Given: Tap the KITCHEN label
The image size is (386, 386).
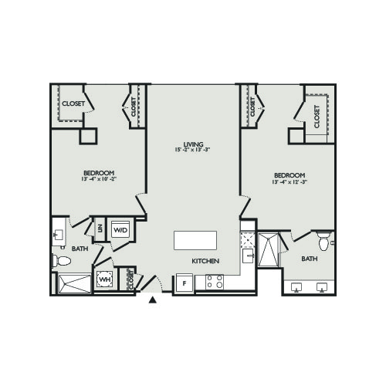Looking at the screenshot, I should pos(206,262).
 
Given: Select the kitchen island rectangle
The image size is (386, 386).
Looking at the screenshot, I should pos(195,240).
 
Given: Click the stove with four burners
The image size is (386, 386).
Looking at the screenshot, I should pos(215,283).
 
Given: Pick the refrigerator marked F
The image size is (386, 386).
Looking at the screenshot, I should pos(184,283).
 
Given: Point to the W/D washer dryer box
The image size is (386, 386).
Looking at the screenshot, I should pos(121,230).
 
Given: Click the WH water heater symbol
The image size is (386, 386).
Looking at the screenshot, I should pos(104,279).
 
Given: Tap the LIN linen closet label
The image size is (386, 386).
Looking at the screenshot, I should pos(100,229).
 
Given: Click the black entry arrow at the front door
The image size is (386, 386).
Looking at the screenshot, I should pos(153,300).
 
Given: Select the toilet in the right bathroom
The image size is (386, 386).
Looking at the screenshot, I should pos(323,242).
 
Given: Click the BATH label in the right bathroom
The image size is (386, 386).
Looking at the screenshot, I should pos(310,259).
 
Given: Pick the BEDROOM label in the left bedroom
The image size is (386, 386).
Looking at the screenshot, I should pos(100,172).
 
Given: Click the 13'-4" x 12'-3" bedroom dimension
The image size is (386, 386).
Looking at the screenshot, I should pos(289,183).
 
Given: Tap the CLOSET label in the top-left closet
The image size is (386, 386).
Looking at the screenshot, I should pos(73,103).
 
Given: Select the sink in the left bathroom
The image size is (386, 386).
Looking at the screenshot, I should pos(59,233).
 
